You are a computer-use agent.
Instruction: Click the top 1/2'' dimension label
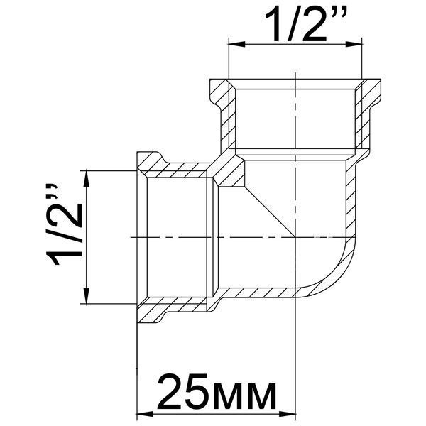pyautogui.click(x=305, y=26)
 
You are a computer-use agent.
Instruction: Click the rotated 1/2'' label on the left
pyautogui.click(x=64, y=224)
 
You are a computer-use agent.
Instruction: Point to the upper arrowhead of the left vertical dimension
pyautogui.click(x=87, y=179)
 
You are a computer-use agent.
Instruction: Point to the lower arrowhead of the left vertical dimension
pyautogui.click(x=87, y=295)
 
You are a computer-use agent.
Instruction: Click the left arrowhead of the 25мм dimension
pyautogui.click(x=145, y=415)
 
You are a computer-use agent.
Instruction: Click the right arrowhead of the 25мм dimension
pyautogui.click(x=287, y=415)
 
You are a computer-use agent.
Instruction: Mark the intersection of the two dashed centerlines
pyautogui.click(x=295, y=237)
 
